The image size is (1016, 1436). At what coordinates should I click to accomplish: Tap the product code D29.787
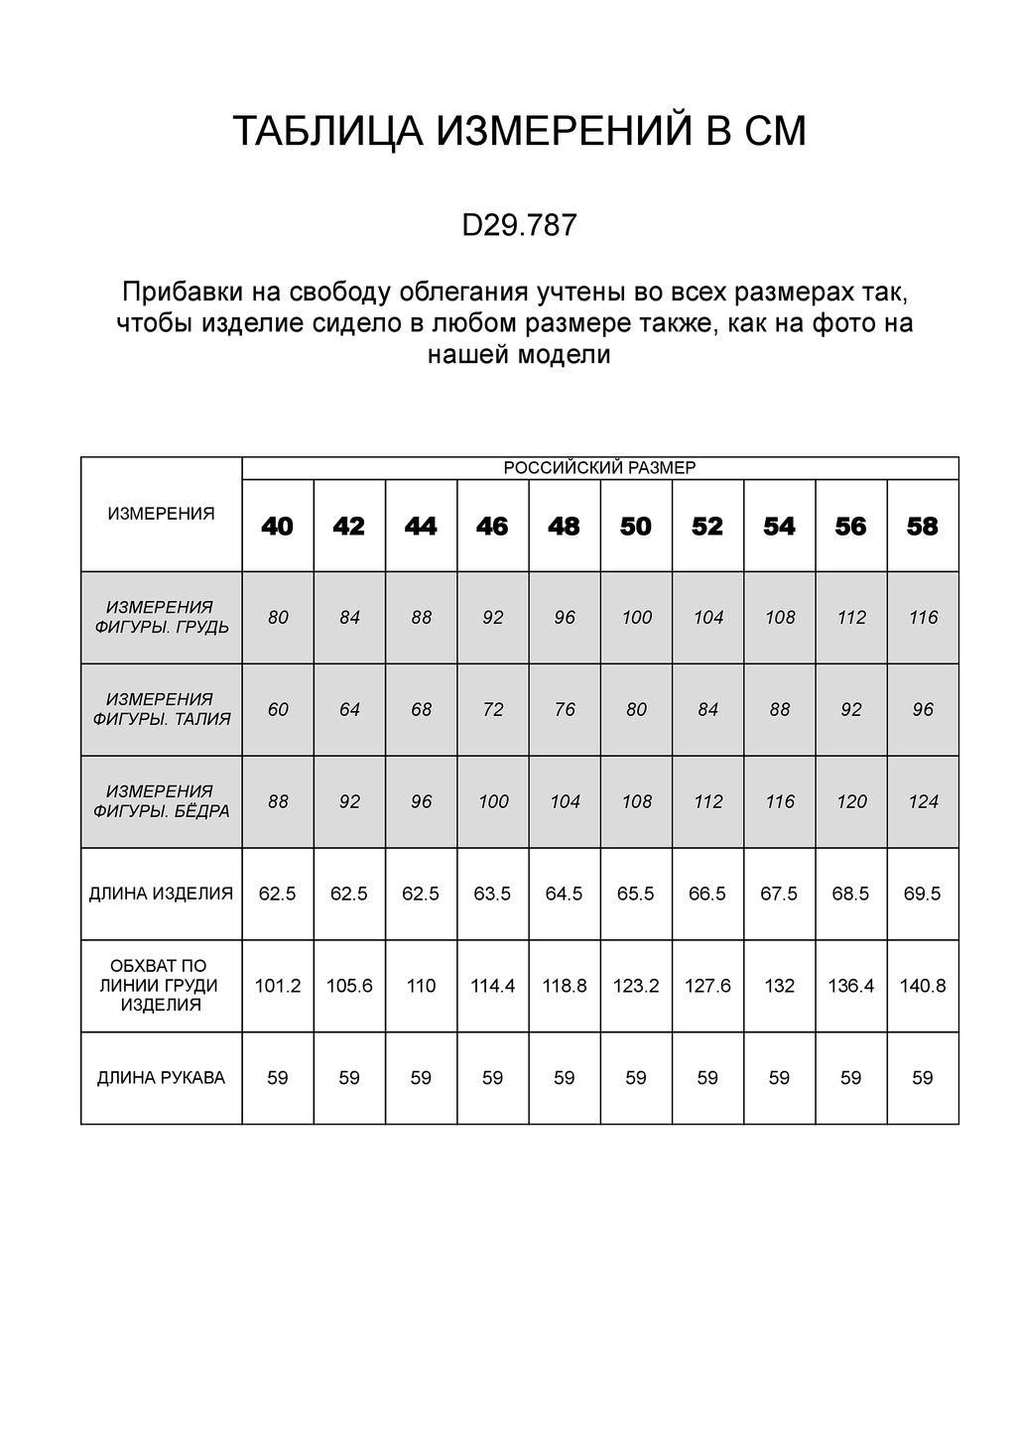click(x=519, y=226)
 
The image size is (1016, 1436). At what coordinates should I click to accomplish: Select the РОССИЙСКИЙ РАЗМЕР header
click(x=599, y=468)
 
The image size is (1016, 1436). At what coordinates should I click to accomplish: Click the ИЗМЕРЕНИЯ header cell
click(x=161, y=514)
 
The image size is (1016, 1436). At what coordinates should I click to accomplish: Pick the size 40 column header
click(x=278, y=527)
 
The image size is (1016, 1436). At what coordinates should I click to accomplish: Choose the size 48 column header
click(x=564, y=527)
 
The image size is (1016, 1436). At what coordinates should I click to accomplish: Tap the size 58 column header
click(x=923, y=527)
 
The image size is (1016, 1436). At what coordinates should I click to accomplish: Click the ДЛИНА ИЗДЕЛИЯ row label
click(x=161, y=894)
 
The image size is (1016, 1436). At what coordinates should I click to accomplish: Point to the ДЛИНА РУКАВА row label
click(x=161, y=1078)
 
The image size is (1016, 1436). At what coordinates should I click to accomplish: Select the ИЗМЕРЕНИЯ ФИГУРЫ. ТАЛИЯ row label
click(x=161, y=709)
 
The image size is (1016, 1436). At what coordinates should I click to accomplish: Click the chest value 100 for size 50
click(x=636, y=618)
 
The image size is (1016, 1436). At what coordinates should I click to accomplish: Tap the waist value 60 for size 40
click(x=278, y=710)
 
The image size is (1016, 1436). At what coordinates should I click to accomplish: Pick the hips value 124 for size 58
click(x=923, y=802)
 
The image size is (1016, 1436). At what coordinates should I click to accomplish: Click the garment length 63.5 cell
click(x=493, y=894)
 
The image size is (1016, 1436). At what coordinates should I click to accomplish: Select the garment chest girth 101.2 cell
click(x=278, y=987)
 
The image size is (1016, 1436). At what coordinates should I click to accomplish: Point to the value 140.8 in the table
click(x=923, y=987)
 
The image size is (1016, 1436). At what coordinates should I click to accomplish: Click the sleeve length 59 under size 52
click(x=707, y=1078)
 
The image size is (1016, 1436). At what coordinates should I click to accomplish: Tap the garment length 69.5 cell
click(x=923, y=894)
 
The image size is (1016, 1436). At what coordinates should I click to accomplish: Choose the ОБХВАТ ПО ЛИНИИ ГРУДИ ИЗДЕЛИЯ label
click(x=161, y=986)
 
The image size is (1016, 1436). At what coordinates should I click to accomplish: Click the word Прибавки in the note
click(x=171, y=294)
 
